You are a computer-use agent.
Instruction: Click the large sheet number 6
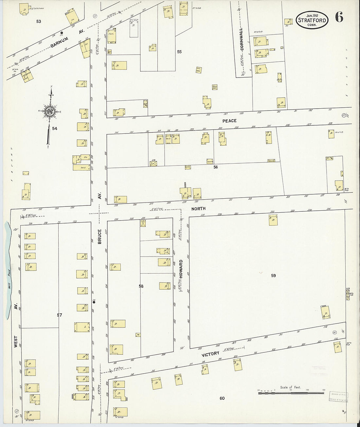(x=339, y=17)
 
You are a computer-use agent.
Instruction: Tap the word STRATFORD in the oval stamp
(x=312, y=20)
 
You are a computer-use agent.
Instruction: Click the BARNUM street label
(x=60, y=43)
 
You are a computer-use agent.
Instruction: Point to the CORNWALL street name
(x=242, y=39)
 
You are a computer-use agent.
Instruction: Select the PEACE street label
(x=229, y=121)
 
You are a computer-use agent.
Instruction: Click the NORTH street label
(x=198, y=208)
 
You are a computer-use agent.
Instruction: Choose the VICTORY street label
(x=210, y=354)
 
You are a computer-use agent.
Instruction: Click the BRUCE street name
(x=99, y=236)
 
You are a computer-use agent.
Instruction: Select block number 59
(x=273, y=276)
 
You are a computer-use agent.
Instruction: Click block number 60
(x=222, y=398)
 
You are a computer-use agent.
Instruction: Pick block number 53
(x=39, y=22)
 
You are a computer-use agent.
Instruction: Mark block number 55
(x=179, y=52)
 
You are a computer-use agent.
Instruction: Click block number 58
(x=141, y=286)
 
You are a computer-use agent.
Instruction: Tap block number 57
(x=59, y=315)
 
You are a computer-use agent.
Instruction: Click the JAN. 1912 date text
(x=312, y=15)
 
